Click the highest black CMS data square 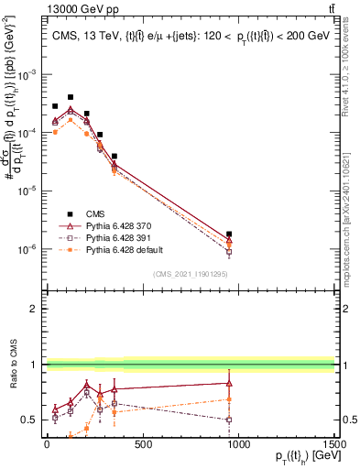click(x=71, y=96)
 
